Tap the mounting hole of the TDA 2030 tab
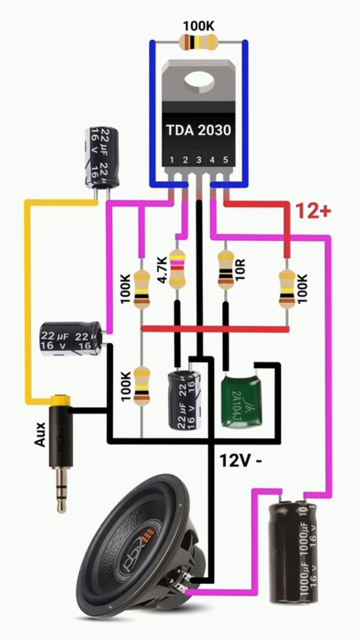(x=197, y=82)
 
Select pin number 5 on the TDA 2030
(x=226, y=160)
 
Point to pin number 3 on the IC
(x=200, y=160)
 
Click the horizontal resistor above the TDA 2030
(x=196, y=42)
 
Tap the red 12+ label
(x=313, y=211)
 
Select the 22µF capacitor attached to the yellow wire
(x=100, y=156)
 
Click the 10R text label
(x=239, y=268)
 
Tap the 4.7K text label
(x=163, y=269)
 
